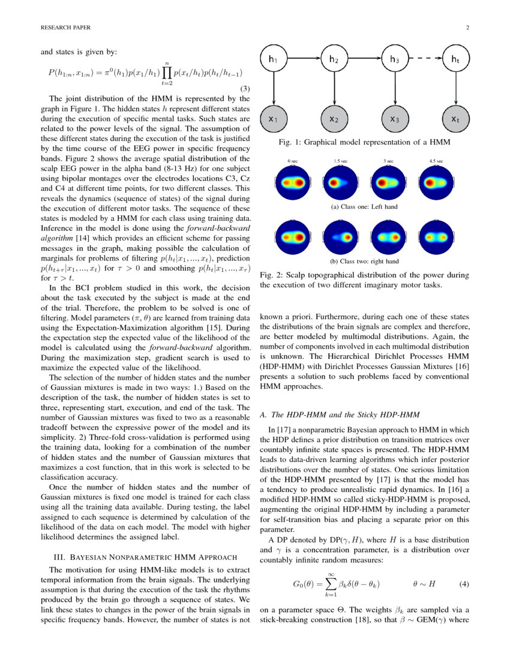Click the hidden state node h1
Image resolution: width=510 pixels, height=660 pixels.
[x=274, y=59]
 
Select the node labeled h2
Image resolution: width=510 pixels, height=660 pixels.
[x=334, y=59]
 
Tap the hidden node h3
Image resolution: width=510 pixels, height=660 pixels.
[x=394, y=59]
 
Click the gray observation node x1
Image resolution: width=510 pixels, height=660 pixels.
[x=274, y=119]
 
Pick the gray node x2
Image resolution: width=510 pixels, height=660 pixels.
[x=334, y=119]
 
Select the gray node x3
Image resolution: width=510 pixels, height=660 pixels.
[x=394, y=119]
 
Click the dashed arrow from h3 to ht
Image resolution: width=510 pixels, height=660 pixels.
[x=424, y=59]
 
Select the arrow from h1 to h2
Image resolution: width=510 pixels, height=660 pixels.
[x=304, y=59]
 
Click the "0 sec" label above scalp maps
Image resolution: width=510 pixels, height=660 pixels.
[x=293, y=161]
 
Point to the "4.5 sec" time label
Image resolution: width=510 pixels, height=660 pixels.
[x=436, y=161]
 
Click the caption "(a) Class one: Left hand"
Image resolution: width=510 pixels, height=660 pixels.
[x=364, y=207]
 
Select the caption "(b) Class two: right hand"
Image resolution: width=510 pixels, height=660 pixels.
[x=364, y=261]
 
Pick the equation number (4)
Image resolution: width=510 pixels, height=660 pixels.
[x=463, y=583]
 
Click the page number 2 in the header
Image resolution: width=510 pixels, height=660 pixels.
[x=467, y=28]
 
